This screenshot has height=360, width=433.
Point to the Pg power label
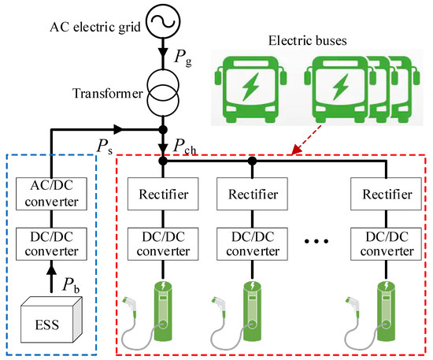(x=178, y=58)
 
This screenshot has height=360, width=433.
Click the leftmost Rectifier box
(x=161, y=194)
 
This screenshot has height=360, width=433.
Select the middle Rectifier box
(x=251, y=194)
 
